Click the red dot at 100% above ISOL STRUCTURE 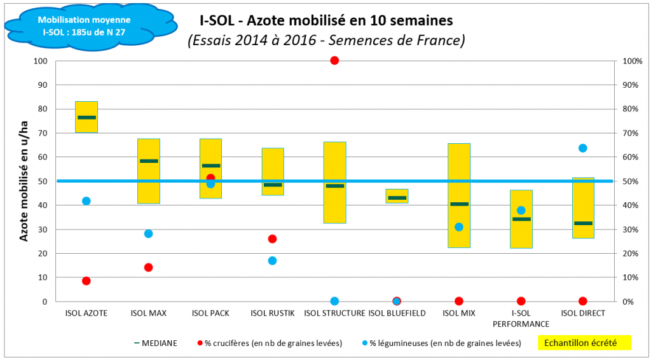pos(334,60)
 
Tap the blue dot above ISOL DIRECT pos(582,148)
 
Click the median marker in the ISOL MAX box pos(149,161)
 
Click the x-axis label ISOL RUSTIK pos(272,313)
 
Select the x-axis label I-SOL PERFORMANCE pos(521,318)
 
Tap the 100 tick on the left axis pos(41,61)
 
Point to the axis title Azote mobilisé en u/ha pos(24,181)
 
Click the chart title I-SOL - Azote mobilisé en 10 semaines pos(322,20)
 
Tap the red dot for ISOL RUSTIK pos(272,239)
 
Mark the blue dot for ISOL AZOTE pos(86,201)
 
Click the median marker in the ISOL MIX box pos(459,204)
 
